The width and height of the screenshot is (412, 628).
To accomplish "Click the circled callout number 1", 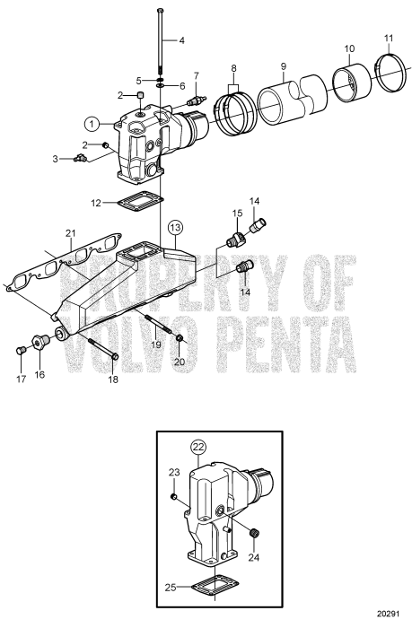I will (x=91, y=122).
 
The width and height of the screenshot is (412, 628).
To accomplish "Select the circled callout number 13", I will (x=174, y=225).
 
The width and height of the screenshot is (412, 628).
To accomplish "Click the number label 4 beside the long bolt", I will (x=181, y=41).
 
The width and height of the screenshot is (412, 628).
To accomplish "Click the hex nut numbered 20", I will (x=179, y=339).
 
